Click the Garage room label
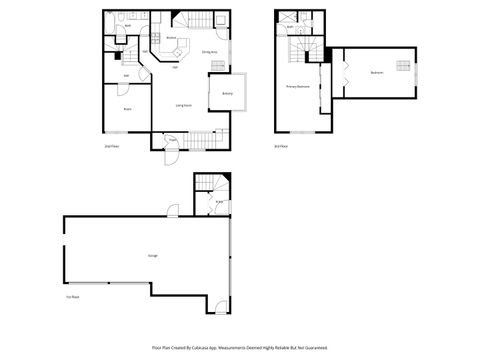point(152,256)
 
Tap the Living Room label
point(184,105)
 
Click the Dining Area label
point(210,51)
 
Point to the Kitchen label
point(171,38)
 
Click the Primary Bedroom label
point(298,87)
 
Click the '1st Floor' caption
point(72,297)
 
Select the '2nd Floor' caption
point(110,146)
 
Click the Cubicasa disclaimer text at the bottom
point(240,347)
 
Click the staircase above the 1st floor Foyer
point(212,184)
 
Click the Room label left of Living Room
point(127,107)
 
